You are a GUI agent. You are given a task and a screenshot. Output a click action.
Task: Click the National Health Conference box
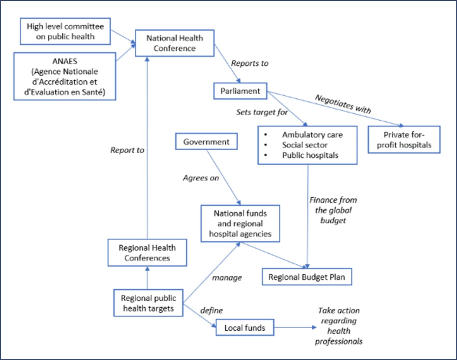pos(175,43)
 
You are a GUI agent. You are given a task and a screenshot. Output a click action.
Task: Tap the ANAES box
pos(65,76)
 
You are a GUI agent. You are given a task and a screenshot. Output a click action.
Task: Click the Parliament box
pos(240,90)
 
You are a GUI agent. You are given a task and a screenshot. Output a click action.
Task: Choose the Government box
pos(206,142)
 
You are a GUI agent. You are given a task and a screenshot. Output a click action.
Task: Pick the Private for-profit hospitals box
pos(404,140)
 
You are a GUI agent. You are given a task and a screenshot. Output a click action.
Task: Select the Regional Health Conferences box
pos(147,252)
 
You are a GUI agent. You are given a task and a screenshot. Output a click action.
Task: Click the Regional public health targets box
pos(149,304)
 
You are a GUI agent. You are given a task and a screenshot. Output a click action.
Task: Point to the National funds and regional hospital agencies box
pos(240,224)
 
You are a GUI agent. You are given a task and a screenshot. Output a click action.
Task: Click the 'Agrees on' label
pos(201,178)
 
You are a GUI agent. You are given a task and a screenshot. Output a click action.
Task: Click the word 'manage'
pos(227,278)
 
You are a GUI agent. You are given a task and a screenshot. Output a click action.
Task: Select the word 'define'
pos(211,311)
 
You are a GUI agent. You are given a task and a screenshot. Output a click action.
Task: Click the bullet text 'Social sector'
pos(305,145)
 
